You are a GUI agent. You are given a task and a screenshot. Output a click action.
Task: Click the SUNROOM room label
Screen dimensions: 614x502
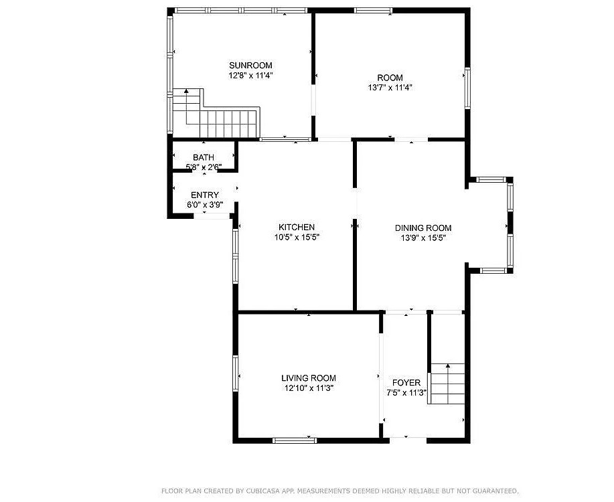[x=250, y=66]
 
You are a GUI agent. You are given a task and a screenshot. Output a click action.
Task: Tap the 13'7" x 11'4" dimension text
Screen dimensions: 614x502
[x=390, y=87]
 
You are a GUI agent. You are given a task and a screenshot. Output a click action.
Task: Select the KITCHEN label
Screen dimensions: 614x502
[x=297, y=227]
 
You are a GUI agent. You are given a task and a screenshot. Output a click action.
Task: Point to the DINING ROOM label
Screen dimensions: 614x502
[x=423, y=228]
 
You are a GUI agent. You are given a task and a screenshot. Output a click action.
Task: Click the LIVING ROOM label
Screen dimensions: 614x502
[x=309, y=378]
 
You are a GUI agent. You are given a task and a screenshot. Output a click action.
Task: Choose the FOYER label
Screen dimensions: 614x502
[x=406, y=383]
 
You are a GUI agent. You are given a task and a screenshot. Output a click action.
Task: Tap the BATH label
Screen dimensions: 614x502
[x=204, y=157]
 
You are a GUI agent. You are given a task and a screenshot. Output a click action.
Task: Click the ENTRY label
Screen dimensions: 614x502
[x=205, y=195]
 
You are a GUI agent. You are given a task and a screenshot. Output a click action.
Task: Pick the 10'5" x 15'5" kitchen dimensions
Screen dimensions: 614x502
[x=297, y=237]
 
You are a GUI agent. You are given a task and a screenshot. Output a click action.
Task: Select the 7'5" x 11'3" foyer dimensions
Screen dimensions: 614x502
[x=406, y=392]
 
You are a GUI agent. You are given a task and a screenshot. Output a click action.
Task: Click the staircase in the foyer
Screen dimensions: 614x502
[x=447, y=384]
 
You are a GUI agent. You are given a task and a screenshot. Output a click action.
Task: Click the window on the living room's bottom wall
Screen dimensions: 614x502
[x=295, y=440]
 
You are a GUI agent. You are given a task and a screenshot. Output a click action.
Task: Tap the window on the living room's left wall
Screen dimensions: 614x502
[x=235, y=373]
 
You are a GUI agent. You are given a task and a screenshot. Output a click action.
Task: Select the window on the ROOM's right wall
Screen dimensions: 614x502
[x=467, y=88]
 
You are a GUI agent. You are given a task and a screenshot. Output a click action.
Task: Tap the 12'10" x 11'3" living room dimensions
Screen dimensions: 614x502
[x=309, y=388]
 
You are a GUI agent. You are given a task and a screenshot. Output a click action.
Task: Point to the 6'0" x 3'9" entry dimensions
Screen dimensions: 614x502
[x=205, y=204]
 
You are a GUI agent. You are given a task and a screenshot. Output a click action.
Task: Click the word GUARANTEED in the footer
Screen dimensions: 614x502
[x=495, y=490]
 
